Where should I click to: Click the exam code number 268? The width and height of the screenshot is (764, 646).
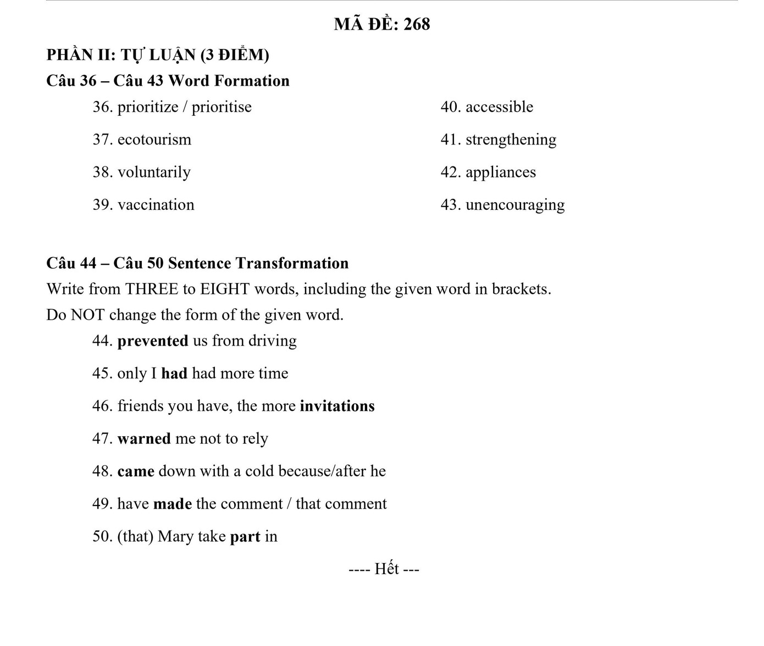coord(417,24)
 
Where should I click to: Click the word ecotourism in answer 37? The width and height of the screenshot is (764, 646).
coord(154,140)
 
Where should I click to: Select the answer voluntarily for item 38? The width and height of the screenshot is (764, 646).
coord(154,172)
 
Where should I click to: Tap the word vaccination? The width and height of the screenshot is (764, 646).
coord(156,205)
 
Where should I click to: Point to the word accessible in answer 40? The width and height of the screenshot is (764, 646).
coord(499,107)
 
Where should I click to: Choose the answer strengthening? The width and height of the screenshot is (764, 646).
coord(511,140)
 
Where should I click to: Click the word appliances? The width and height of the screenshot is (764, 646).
coord(500,172)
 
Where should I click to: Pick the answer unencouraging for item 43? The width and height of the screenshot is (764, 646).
coord(514,205)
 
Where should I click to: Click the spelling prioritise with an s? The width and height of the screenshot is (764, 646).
coord(222,107)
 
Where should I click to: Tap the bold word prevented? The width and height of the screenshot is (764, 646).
coord(153,341)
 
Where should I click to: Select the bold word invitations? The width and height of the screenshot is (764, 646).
coord(337,406)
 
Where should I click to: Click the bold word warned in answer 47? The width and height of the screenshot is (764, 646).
coord(144,439)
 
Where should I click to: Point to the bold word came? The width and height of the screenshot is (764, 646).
coord(136,471)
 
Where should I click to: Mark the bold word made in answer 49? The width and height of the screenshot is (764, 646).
coord(173,504)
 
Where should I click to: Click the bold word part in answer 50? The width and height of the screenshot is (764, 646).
coord(245,537)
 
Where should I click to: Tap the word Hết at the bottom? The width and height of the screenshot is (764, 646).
coord(386,569)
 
